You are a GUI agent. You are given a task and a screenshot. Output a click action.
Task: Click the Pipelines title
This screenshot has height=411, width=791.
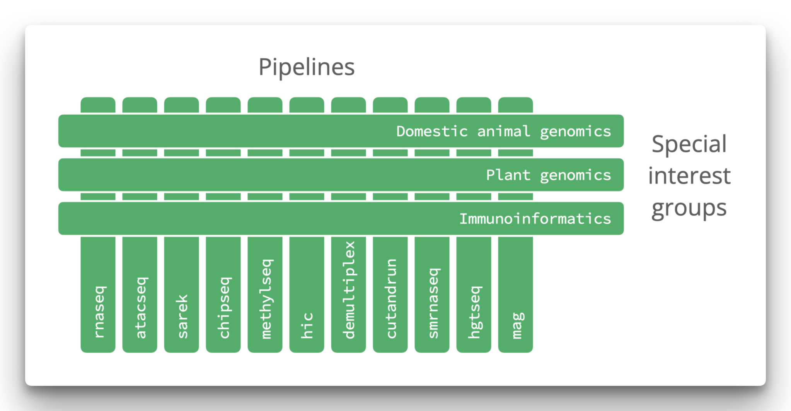point(306,67)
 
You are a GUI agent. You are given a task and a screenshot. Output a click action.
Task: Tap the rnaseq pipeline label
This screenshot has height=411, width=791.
point(99,312)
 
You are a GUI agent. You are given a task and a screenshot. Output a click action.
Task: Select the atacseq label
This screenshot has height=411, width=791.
point(141,308)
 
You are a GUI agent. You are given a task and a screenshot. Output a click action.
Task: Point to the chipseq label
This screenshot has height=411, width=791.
point(224,308)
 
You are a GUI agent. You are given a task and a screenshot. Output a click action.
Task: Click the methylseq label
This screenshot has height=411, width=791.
point(266,299)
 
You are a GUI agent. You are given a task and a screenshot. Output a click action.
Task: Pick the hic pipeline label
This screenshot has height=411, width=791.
point(307,325)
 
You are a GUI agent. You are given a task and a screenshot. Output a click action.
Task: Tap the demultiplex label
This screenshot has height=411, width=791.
point(349,290)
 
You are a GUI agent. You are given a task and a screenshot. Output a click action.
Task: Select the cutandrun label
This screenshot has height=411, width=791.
point(391,299)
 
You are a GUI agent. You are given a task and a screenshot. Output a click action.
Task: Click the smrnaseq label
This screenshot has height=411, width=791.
point(433,303)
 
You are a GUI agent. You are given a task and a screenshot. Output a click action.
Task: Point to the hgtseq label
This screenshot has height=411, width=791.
point(475,312)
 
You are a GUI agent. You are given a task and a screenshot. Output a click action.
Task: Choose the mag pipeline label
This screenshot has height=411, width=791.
point(517,325)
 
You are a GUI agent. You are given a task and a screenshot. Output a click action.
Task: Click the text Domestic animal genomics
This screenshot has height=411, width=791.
point(503,132)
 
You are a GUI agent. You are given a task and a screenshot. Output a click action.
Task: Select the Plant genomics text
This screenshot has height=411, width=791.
point(548,175)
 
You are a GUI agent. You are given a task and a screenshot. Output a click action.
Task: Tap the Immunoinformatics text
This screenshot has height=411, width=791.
point(535,219)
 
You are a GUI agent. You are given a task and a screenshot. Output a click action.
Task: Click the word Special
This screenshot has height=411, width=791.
point(689,144)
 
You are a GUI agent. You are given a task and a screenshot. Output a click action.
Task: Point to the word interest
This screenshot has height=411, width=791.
point(689,176)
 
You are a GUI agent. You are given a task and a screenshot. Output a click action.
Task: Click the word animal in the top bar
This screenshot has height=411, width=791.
point(503,132)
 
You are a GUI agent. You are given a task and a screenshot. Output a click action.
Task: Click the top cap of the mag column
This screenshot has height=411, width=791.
point(515,105)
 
